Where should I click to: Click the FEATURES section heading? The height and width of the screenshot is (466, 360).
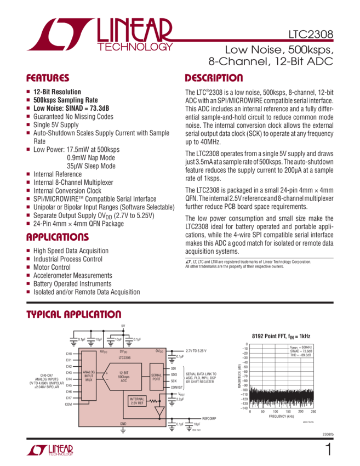[x=48, y=78]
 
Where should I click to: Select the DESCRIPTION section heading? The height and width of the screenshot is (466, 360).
[x=213, y=78]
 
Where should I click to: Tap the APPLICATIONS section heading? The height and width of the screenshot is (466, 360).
[x=58, y=237]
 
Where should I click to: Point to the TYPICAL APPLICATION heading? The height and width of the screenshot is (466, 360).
[x=74, y=315]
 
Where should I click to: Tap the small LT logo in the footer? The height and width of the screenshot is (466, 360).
[x=50, y=450]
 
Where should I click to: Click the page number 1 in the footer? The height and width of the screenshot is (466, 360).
[x=328, y=450]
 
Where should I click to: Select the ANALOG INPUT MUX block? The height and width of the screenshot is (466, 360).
[x=89, y=376]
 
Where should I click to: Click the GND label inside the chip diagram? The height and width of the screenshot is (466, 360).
[x=123, y=424]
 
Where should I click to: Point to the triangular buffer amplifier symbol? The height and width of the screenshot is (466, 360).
[x=159, y=411]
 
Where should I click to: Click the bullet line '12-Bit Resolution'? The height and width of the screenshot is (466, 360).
[x=57, y=92]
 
